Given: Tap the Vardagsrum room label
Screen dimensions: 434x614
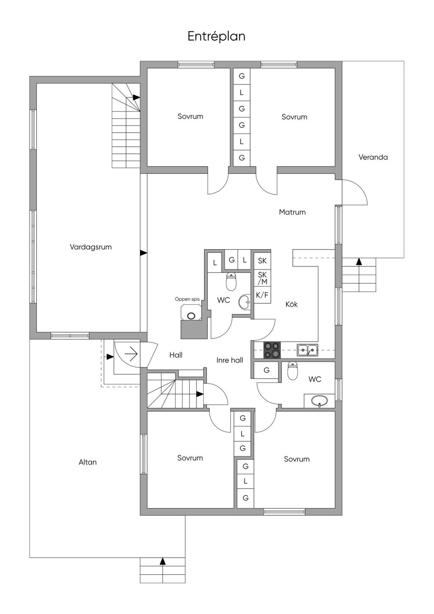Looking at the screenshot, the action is (91, 247).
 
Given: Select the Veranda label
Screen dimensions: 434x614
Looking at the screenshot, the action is (373, 157).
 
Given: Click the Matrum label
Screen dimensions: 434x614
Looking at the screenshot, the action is (292, 212).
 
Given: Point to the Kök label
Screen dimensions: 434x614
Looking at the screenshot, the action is (292, 304).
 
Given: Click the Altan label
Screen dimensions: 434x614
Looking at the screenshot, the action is (88, 462).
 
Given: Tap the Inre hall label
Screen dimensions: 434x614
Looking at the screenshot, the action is (230, 360).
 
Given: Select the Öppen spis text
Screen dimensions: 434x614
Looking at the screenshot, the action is (187, 299).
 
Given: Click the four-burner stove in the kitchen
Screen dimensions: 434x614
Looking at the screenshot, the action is (272, 350).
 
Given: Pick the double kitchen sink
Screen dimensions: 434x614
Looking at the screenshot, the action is (308, 350).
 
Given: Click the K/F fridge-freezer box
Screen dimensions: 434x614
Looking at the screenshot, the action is (262, 295).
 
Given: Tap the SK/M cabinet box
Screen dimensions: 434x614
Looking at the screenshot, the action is (262, 278).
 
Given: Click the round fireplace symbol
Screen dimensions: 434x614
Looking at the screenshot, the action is (191, 316).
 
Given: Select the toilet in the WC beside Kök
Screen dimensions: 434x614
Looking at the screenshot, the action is (231, 281).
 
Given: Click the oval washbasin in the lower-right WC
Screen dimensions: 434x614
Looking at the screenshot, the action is (319, 401).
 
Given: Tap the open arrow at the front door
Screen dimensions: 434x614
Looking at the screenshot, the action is (131, 354).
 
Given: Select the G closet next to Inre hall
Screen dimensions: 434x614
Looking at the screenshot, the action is (266, 371).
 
